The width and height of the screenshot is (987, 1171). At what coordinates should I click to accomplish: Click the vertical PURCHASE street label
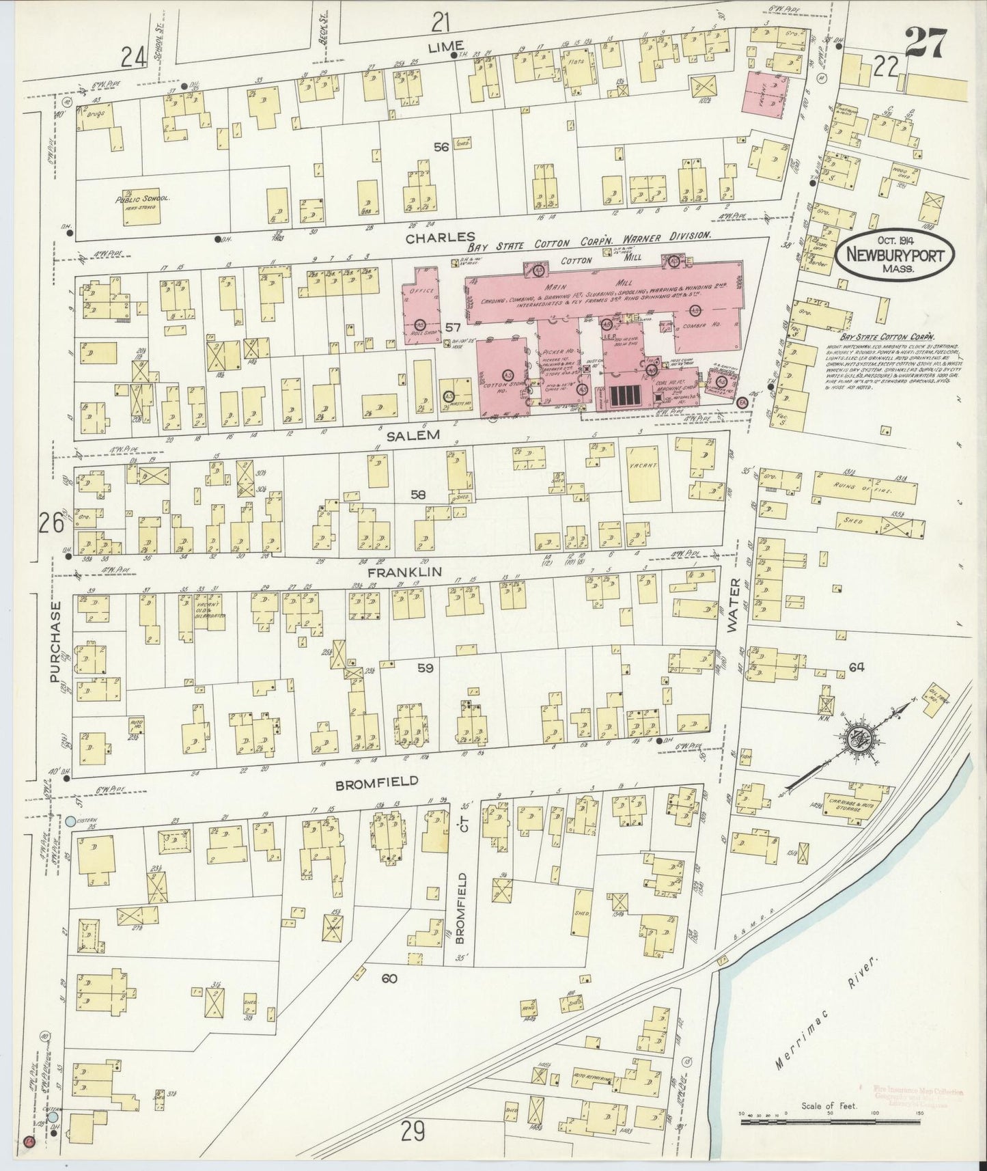coord(56,642)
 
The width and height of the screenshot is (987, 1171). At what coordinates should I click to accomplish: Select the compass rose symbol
coord(855,741)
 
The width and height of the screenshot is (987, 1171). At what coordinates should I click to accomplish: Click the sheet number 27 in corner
coord(927,45)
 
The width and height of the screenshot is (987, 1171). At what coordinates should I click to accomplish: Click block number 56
coord(441,146)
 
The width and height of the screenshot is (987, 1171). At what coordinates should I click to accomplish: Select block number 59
coord(425,668)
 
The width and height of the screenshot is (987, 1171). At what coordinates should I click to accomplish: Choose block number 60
coord(389,979)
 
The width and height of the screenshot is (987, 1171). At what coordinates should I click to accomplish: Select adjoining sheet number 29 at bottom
coord(413,1132)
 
